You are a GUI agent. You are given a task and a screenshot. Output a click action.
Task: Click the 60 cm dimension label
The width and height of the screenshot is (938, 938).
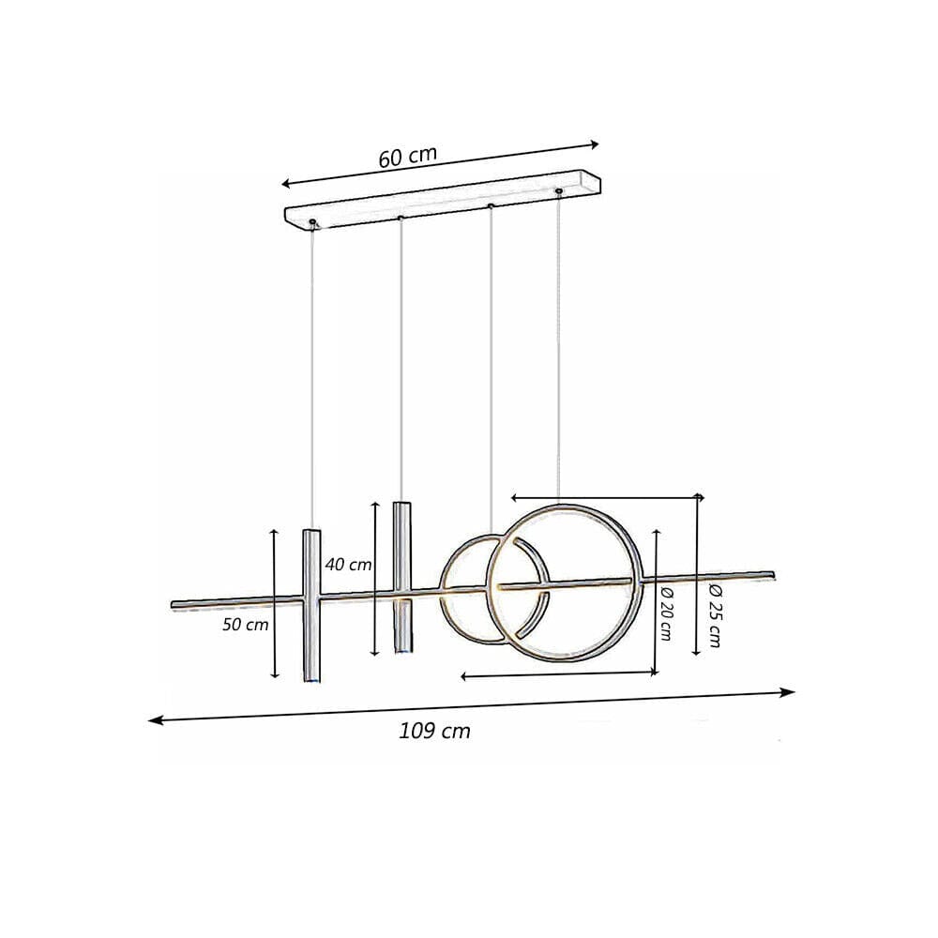coord(407,157)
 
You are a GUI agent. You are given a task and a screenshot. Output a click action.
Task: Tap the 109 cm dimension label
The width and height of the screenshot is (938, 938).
coord(434,732)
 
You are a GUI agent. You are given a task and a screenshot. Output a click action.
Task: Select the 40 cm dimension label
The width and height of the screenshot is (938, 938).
coord(348,565)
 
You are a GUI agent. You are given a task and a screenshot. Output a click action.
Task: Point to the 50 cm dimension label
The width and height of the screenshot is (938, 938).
coord(246,625)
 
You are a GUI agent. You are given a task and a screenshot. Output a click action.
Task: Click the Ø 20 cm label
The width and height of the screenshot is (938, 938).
coord(665,613)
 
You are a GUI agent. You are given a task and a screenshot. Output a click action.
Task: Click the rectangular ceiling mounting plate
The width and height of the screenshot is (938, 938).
coord(441,201)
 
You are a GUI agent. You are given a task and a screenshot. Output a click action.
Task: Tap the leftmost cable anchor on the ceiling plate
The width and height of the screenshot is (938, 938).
coord(312,222)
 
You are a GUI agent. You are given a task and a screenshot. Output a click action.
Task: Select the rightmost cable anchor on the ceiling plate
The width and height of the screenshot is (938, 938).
coord(559,191)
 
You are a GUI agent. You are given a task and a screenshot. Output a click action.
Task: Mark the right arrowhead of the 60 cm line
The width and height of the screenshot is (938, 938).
coord(594,144)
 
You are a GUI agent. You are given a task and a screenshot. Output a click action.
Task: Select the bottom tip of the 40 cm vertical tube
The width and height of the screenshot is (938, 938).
coord(401,651)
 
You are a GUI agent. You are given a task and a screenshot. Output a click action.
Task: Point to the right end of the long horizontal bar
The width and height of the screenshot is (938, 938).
coord(772,571)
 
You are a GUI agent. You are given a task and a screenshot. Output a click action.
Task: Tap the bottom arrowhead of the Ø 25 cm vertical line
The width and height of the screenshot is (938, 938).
coord(695,651)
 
